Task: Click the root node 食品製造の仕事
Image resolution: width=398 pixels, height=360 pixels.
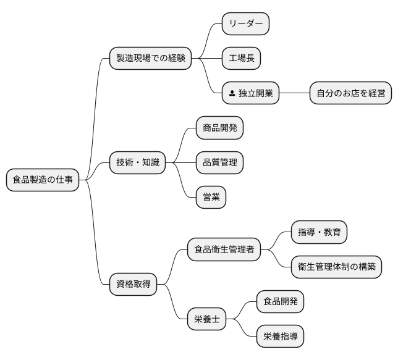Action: coord(43,180)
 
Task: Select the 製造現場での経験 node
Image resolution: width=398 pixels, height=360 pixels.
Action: coord(150,59)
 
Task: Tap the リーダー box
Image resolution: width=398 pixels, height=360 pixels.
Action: coord(245,23)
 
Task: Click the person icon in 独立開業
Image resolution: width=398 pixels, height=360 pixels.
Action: coord(231,94)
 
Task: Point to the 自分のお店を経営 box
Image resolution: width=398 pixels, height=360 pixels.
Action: coord(350,94)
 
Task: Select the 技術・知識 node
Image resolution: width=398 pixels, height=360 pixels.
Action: coord(137,162)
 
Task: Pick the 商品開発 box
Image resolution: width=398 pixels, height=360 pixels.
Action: coord(219,128)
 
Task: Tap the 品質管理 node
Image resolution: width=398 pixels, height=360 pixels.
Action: coord(219,162)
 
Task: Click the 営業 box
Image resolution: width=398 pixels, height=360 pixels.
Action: coord(211,198)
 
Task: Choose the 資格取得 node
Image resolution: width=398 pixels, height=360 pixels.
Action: coord(133,285)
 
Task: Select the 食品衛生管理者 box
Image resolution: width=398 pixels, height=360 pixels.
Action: coord(224,250)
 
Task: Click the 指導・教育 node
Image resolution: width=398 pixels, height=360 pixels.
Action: coord(319,232)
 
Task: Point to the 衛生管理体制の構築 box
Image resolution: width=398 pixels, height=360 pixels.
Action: coord(336,267)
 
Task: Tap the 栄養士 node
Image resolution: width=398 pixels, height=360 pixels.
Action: coord(206,320)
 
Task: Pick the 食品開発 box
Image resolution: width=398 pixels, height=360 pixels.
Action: coord(280,302)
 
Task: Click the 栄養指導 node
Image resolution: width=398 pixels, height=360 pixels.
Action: coord(280,337)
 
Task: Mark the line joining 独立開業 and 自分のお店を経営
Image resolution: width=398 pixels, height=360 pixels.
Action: coord(294,94)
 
